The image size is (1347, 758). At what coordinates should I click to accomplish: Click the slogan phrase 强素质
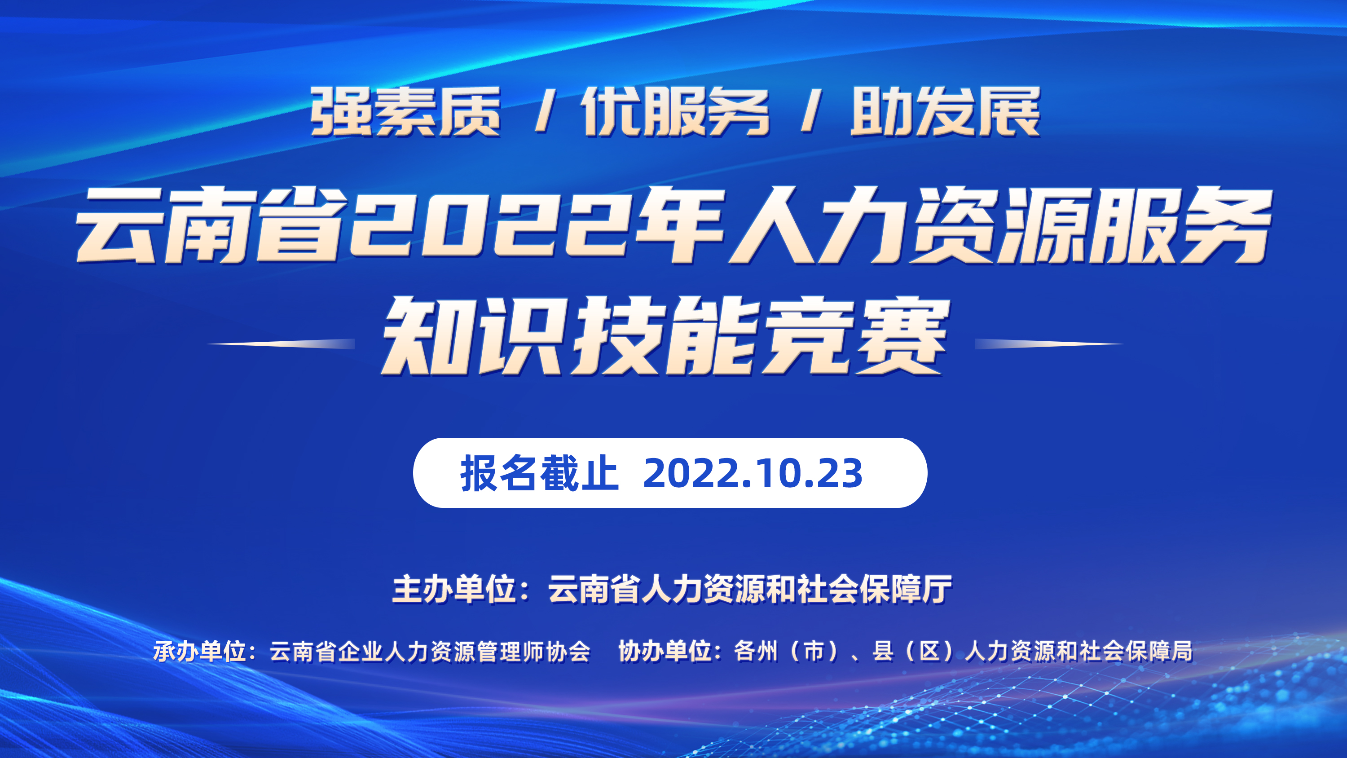pos(406,111)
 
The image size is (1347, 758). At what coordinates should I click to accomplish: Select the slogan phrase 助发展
pos(946,111)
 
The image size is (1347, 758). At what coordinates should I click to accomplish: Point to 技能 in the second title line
pos(663,336)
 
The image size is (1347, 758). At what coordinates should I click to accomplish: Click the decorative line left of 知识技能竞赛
pos(282,344)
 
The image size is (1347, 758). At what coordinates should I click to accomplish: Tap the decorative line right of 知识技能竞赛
pos(1049,344)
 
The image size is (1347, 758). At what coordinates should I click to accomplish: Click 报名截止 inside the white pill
pos(539,473)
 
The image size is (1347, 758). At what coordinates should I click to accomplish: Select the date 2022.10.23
pos(753,473)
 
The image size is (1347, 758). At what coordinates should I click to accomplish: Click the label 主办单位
pos(454,589)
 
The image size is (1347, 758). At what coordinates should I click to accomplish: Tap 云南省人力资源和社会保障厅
pos(750,589)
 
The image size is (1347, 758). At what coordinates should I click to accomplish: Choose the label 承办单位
pos(199,651)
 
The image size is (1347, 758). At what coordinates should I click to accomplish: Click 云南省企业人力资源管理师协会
pos(430,651)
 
